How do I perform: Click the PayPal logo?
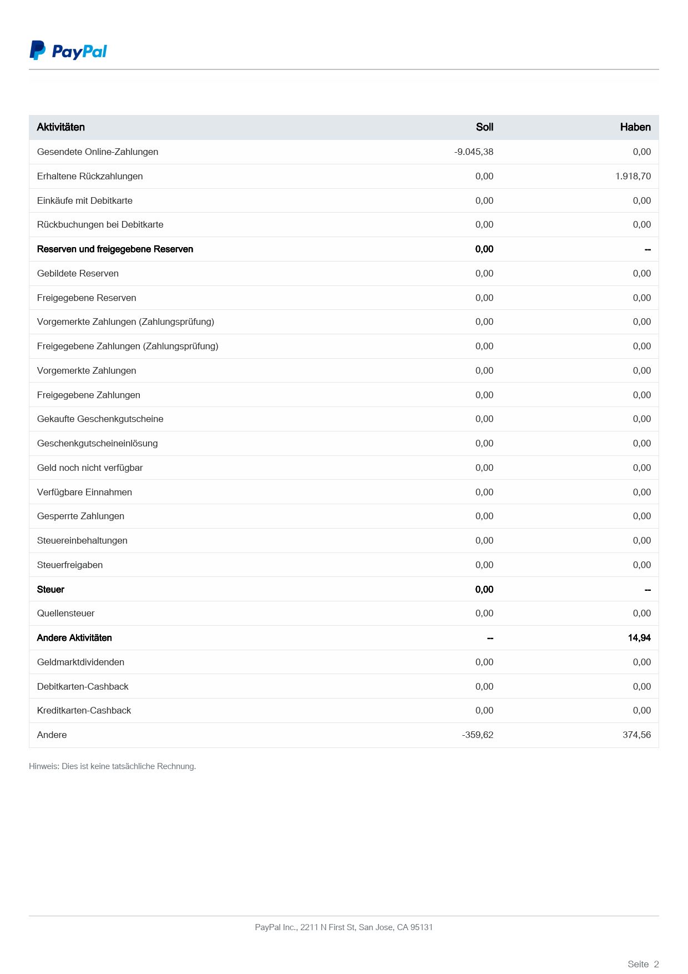pyautogui.click(x=68, y=51)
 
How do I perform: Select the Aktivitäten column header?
pyautogui.click(x=61, y=127)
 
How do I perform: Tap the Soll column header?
pyautogui.click(x=484, y=127)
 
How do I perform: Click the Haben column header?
pyautogui.click(x=635, y=127)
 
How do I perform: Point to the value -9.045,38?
pyautogui.click(x=474, y=152)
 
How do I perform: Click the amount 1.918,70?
pyautogui.click(x=633, y=176)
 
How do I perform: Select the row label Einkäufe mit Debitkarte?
pyautogui.click(x=85, y=200)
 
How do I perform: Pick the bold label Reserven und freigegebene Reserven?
pyautogui.click(x=115, y=249)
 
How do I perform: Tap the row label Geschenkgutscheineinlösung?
pyautogui.click(x=98, y=443)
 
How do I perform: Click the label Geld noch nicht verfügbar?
pyautogui.click(x=90, y=468)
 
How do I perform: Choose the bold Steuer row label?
pyautogui.click(x=50, y=589)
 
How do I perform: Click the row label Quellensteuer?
pyautogui.click(x=66, y=613)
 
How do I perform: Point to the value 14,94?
pyautogui.click(x=639, y=637)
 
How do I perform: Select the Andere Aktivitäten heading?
pyautogui.click(x=74, y=637)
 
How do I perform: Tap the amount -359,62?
pyautogui.click(x=477, y=735)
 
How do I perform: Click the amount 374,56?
pyautogui.click(x=636, y=735)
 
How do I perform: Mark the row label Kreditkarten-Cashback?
pyautogui.click(x=84, y=710)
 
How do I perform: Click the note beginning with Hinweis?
pyautogui.click(x=113, y=766)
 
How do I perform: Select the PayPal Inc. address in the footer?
pyautogui.click(x=344, y=927)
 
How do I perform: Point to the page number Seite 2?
pyautogui.click(x=643, y=964)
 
